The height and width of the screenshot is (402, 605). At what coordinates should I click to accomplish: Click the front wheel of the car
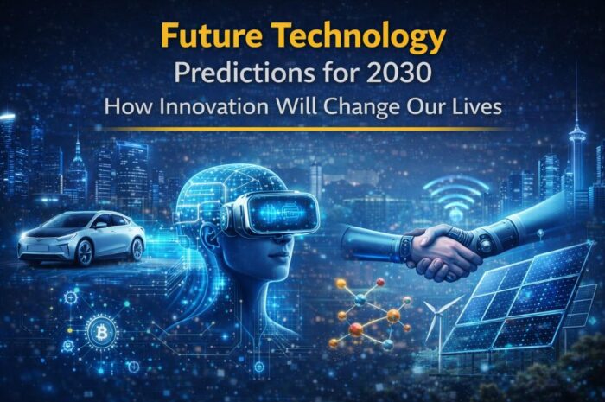(85, 252)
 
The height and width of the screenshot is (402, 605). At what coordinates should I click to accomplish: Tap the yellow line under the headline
(302, 130)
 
